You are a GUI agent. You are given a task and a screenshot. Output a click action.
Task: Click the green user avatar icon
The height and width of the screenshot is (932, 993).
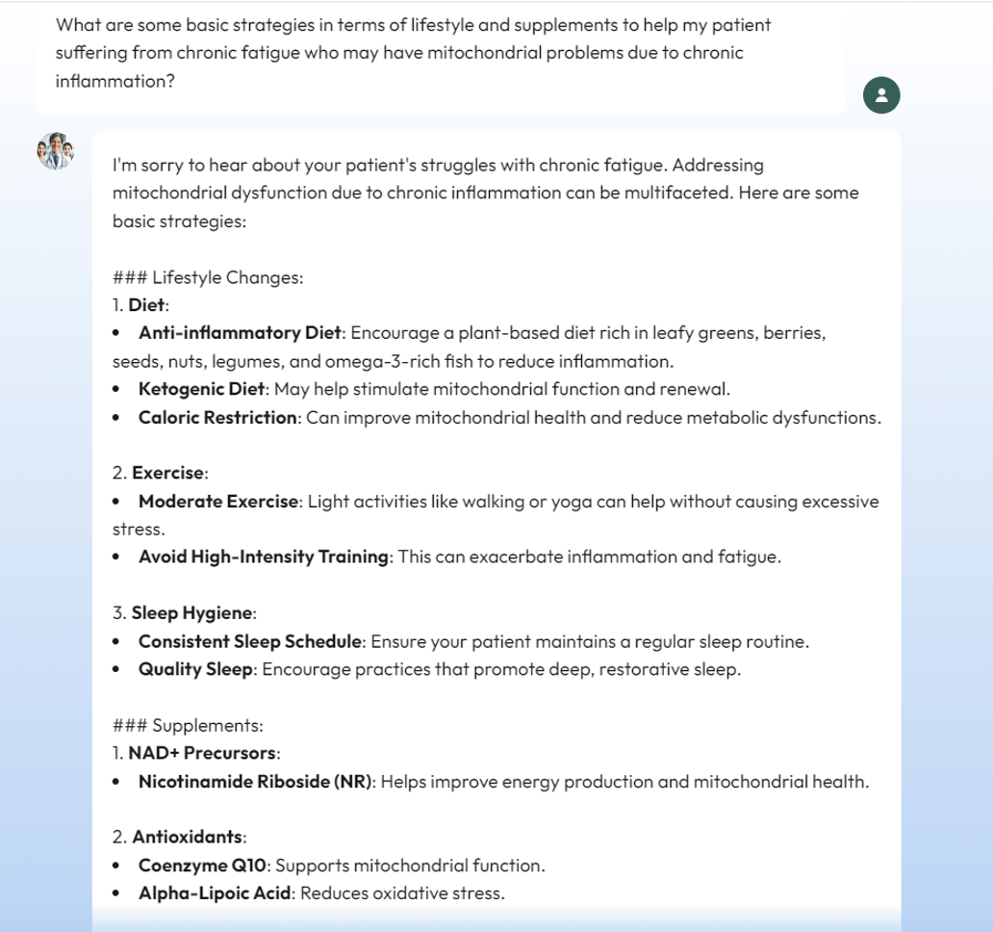click(x=881, y=94)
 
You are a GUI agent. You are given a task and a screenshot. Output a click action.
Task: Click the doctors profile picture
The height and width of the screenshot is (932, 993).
click(x=55, y=151)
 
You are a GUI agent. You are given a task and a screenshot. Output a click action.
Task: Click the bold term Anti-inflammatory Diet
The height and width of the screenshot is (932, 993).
click(x=241, y=333)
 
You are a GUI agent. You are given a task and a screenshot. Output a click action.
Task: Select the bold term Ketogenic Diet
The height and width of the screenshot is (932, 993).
click(x=200, y=390)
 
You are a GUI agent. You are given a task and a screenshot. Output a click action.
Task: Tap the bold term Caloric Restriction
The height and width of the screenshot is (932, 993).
click(x=218, y=418)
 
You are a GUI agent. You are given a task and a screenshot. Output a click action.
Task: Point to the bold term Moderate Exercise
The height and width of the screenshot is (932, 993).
click(x=219, y=502)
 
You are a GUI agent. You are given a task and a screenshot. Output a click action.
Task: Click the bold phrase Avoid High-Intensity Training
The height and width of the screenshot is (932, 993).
click(x=263, y=557)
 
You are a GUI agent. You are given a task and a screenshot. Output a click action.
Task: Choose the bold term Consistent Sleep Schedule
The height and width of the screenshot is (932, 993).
click(x=251, y=641)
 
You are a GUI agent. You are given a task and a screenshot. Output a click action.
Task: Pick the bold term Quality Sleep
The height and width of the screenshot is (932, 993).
click(x=196, y=669)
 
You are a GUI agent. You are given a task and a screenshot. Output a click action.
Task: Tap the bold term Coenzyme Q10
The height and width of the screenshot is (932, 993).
click(x=202, y=865)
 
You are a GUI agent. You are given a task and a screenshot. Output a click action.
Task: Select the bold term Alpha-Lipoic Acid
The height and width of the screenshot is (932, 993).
click(x=215, y=893)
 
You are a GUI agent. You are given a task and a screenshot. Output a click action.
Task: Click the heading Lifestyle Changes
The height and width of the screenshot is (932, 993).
click(x=228, y=278)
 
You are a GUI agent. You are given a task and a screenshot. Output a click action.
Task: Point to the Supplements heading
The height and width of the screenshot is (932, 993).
click(x=208, y=725)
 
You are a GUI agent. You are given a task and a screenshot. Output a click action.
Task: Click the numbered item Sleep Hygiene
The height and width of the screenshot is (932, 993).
click(x=192, y=613)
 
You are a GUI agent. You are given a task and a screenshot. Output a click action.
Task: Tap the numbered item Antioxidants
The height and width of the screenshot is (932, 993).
click(x=188, y=838)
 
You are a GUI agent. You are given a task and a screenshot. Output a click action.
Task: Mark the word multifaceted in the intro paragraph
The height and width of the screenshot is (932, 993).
click(x=675, y=193)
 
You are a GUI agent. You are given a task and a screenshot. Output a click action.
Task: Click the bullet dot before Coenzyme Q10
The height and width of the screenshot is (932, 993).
click(x=115, y=866)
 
